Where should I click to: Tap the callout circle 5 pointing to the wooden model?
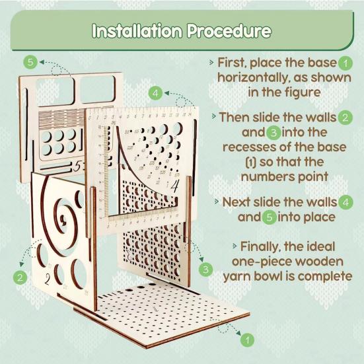point(30,62)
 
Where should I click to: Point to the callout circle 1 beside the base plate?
point(246,340)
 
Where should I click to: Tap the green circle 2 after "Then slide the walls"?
point(345,118)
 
